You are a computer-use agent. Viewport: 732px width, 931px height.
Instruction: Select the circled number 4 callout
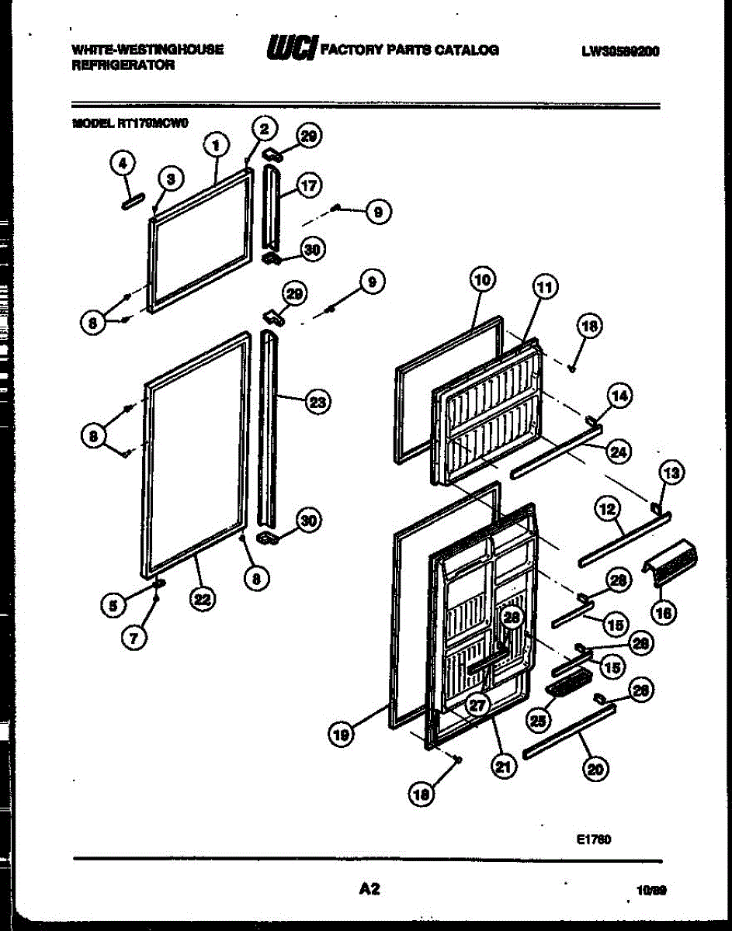(122, 164)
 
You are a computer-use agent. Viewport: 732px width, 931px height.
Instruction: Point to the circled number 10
(481, 279)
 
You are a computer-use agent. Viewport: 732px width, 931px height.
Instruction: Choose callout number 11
(545, 289)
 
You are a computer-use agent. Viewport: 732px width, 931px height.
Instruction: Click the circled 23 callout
(317, 402)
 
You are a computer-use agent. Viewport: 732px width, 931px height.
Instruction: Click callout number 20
(596, 768)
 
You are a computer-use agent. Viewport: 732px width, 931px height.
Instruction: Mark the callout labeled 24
(619, 452)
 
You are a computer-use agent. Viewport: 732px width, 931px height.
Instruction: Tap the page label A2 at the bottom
(369, 890)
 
